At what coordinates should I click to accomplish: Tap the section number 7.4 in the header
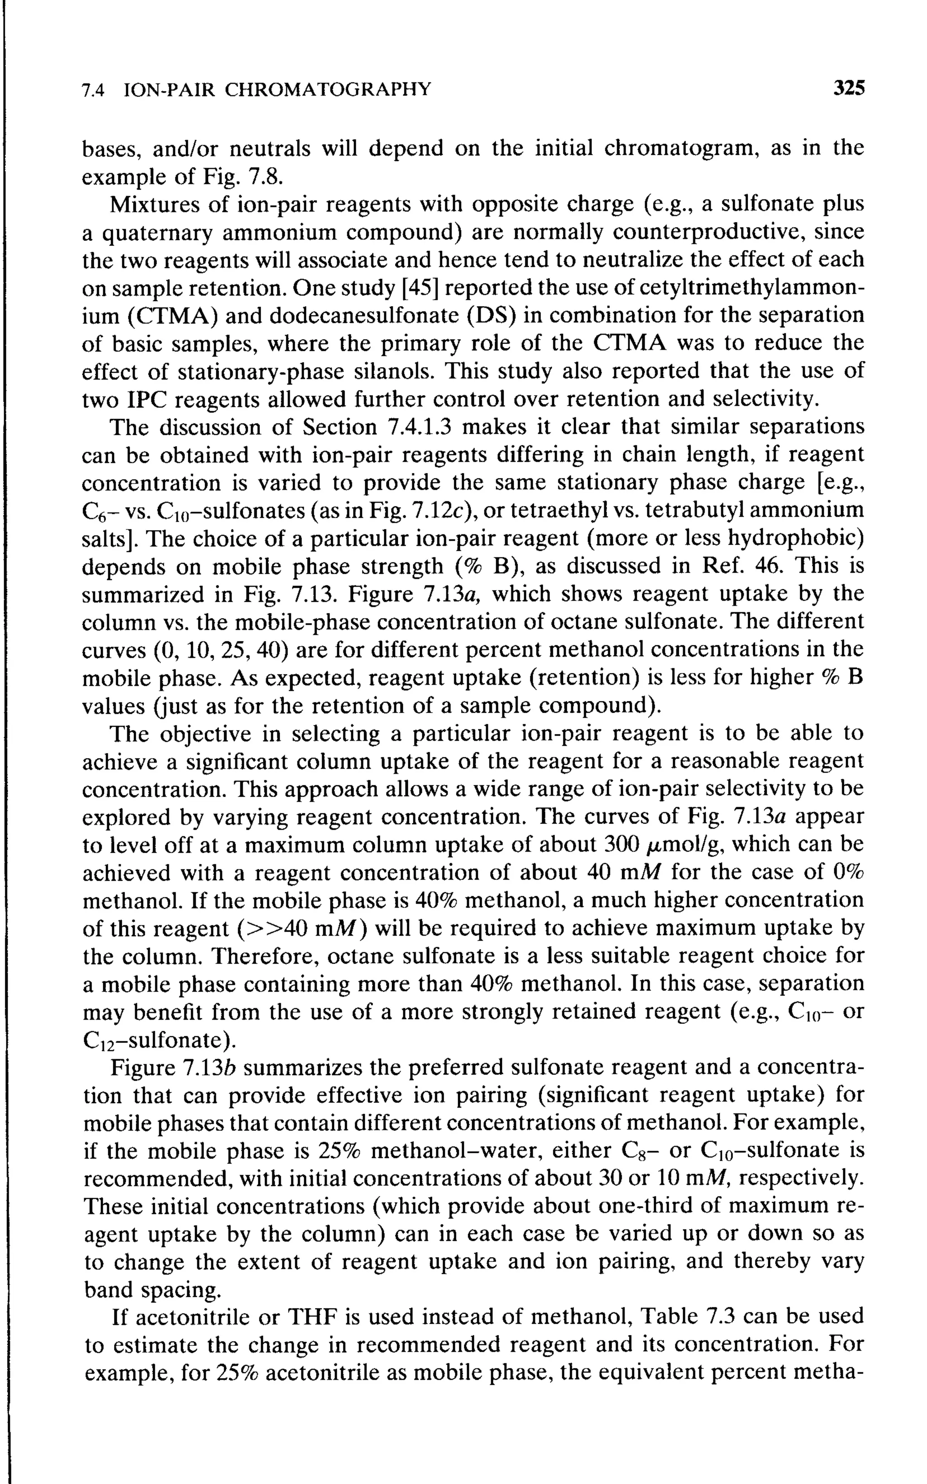tap(94, 91)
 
